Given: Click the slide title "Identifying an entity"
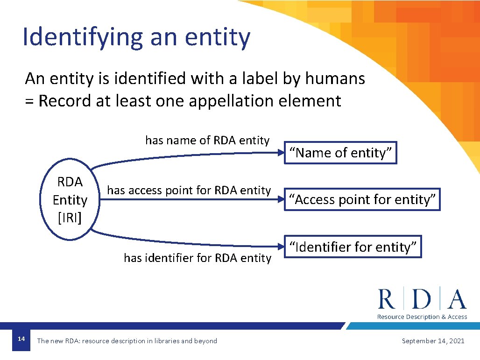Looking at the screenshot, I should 136,37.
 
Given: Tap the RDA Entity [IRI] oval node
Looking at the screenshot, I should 70,199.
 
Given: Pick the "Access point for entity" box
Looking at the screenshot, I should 362,199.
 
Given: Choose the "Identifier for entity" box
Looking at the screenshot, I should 353,247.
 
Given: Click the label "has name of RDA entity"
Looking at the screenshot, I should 207,141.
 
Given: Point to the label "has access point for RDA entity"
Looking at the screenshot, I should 189,191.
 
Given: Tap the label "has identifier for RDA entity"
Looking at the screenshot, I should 197,258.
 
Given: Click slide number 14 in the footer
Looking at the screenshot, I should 21,339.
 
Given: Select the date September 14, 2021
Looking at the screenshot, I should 433,341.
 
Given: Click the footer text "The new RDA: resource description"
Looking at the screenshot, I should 127,341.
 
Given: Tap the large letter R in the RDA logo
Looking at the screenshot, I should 387,299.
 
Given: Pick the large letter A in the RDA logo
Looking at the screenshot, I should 456,299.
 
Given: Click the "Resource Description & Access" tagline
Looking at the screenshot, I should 422,317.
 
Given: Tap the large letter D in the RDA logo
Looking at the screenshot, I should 422,299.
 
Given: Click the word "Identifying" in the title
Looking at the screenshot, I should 83,37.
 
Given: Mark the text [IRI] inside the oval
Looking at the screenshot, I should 70,218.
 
